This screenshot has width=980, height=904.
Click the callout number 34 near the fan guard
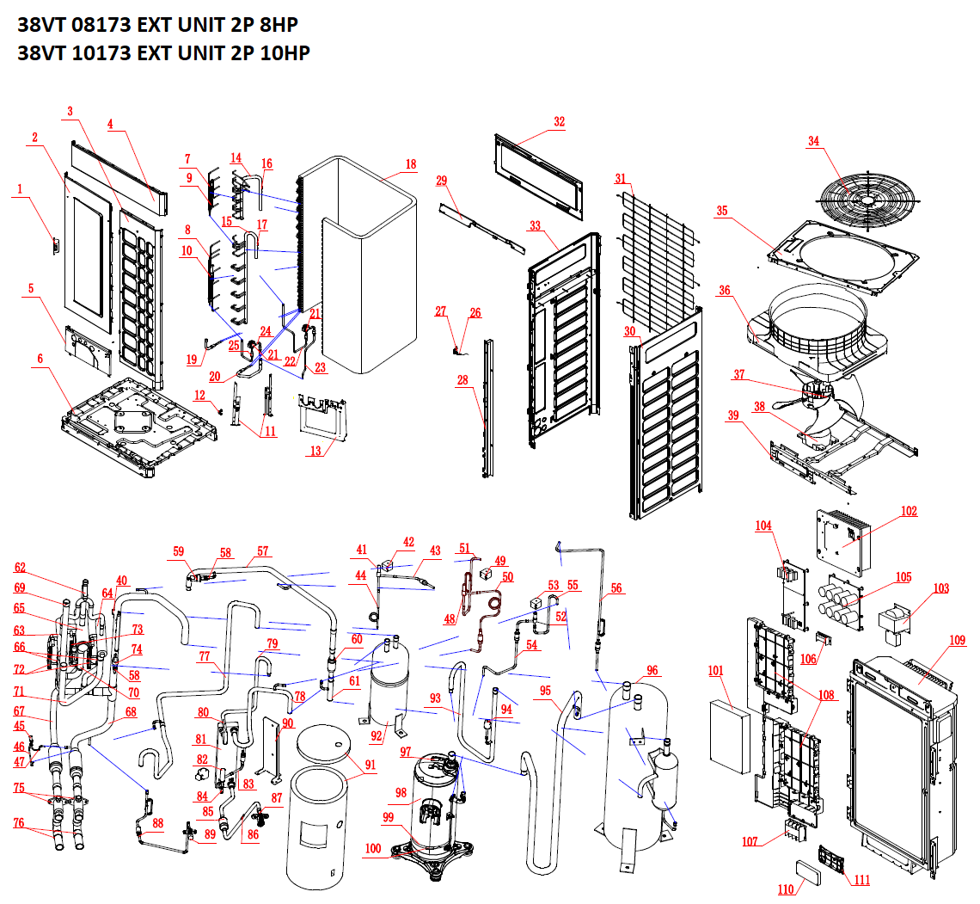(x=812, y=142)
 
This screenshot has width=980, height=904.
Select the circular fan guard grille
(x=864, y=199)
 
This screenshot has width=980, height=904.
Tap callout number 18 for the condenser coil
(x=410, y=164)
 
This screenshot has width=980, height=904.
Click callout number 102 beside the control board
(x=909, y=511)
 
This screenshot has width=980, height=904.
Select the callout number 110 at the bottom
(x=786, y=889)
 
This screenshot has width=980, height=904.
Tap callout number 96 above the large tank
(x=652, y=670)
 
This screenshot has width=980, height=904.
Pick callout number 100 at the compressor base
(x=372, y=849)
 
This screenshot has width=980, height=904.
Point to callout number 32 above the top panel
(x=559, y=122)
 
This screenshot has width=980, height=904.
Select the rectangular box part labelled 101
(x=730, y=736)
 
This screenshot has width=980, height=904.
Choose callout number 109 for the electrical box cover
(x=958, y=640)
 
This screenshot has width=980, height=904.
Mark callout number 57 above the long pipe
(x=262, y=551)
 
